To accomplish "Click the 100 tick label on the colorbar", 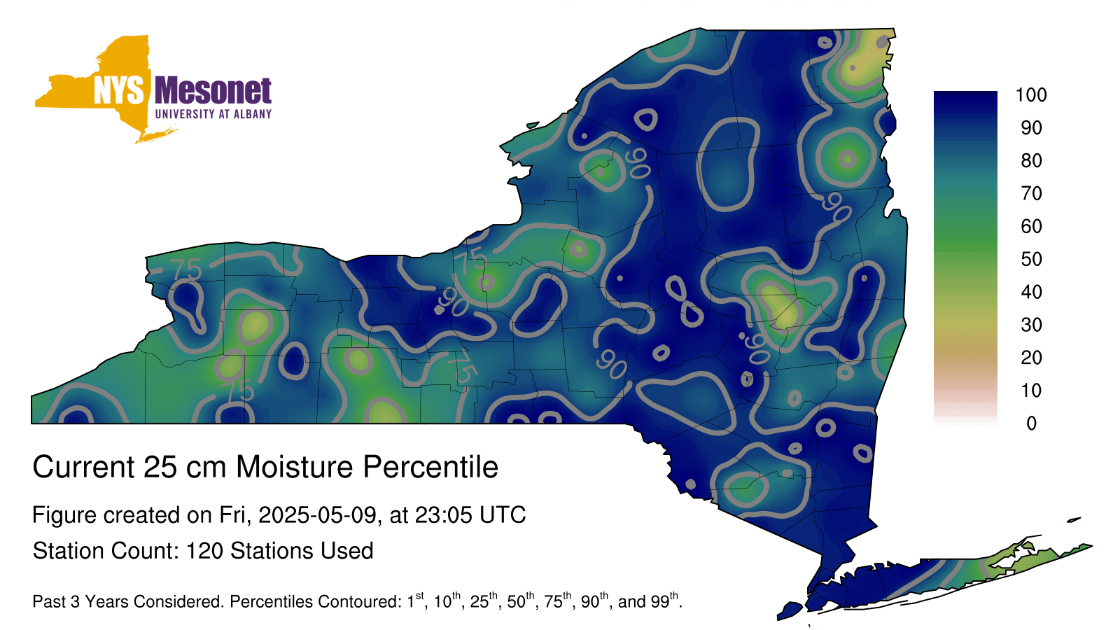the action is click(1031, 94).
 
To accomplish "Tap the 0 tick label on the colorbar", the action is click(1032, 423).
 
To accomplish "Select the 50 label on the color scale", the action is click(1032, 259).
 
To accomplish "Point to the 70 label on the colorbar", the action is click(1032, 193).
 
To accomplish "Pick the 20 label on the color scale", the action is click(1032, 358).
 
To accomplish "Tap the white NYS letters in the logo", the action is click(118, 90).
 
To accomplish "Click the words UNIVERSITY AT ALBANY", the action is click(213, 114).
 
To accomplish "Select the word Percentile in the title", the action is click(430, 467).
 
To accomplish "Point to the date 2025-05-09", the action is click(317, 515).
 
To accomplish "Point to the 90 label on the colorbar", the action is click(1032, 127).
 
